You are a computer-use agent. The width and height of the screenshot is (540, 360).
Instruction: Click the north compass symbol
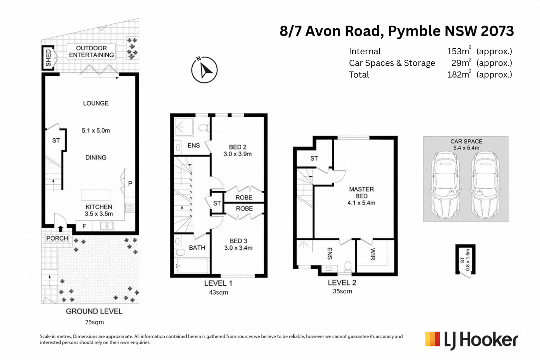(204, 70)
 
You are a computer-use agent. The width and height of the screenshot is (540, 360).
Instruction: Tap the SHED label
(49, 58)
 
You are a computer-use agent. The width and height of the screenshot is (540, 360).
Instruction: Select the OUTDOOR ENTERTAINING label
(91, 52)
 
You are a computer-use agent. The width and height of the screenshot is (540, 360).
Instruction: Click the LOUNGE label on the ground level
(96, 103)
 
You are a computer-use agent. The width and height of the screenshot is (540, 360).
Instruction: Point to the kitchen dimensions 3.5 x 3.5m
(99, 214)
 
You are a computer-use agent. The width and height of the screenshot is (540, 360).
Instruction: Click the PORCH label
(57, 238)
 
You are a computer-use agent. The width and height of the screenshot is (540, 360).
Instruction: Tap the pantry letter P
(130, 184)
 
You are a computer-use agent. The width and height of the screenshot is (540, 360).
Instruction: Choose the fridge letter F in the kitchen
(84, 226)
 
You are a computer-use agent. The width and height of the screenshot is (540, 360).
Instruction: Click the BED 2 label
(238, 147)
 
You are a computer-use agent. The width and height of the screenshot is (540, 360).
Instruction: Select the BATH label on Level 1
(197, 248)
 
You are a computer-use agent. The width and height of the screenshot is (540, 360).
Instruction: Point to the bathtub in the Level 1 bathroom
(192, 266)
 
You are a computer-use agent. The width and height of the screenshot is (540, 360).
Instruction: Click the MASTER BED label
(361, 193)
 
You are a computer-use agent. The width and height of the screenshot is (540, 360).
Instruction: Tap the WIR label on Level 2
(373, 254)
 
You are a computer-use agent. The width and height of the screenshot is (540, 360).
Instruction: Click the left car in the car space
(446, 185)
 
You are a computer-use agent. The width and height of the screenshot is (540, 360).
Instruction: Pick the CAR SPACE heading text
(466, 141)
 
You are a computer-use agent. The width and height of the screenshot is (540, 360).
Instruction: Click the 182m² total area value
(459, 74)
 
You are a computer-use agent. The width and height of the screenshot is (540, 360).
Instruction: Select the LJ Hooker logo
(471, 340)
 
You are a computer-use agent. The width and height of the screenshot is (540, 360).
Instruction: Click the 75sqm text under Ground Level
(94, 322)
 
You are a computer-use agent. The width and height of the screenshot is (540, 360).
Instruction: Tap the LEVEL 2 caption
(342, 283)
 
